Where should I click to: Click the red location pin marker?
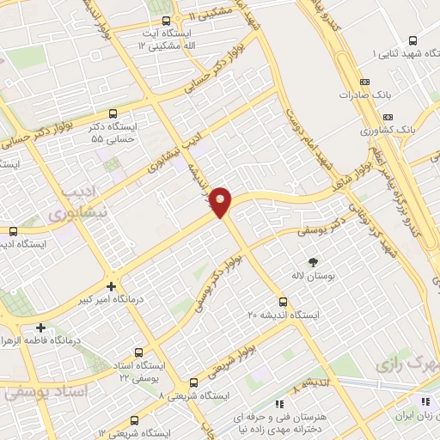pyautogui.click(x=222, y=202)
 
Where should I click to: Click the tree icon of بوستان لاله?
pyautogui.click(x=313, y=261)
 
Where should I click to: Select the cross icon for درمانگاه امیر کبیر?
pyautogui.click(x=109, y=286)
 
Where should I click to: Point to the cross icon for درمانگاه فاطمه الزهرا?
pyautogui.click(x=40, y=327)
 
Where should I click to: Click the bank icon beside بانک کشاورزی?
pyautogui.click(x=388, y=116)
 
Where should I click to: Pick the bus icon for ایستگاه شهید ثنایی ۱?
pyautogui.click(x=413, y=40)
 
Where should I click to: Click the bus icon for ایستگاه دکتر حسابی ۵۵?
pyautogui.click(x=113, y=113)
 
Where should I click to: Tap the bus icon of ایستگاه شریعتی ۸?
pyautogui.click(x=193, y=382)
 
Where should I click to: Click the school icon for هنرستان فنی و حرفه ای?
pyautogui.click(x=278, y=404)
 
